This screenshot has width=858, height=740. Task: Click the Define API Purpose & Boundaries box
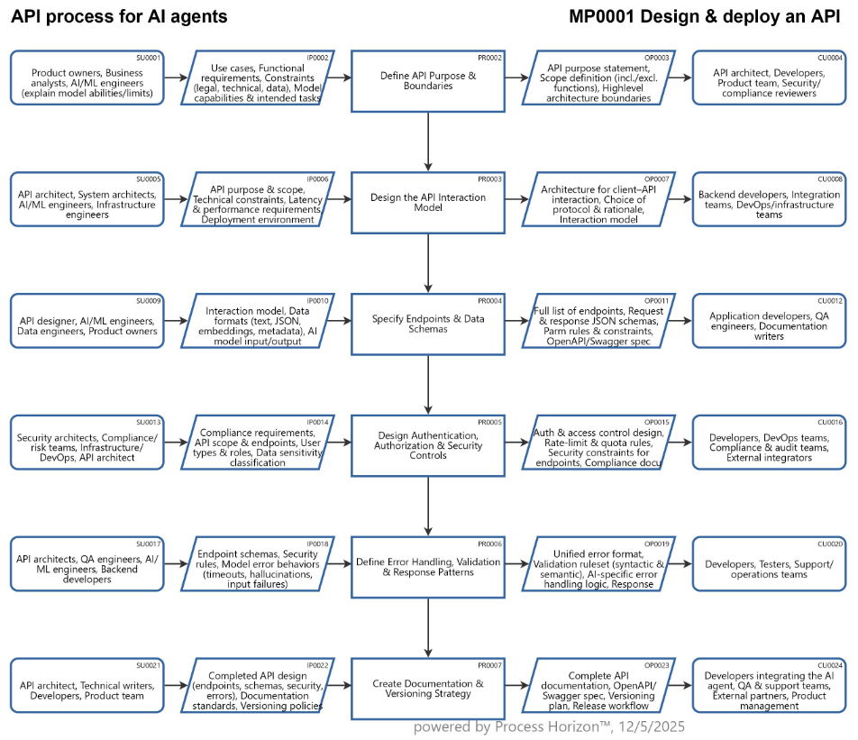click(x=428, y=81)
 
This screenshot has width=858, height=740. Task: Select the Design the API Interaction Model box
click(x=428, y=203)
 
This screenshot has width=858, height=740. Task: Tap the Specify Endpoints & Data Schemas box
click(x=428, y=324)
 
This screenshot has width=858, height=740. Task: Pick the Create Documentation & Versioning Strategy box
click(x=428, y=689)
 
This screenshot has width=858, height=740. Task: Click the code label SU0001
click(x=148, y=57)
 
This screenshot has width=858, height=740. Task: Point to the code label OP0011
click(x=657, y=300)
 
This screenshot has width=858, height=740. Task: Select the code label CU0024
click(x=829, y=665)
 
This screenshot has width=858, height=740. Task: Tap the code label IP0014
click(x=318, y=422)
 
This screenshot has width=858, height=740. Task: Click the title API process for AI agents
click(x=119, y=17)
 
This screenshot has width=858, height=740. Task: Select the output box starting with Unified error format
click(x=599, y=567)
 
